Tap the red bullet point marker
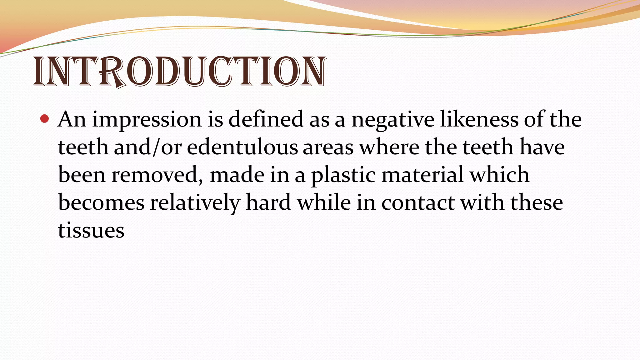point(45,119)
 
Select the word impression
point(147,120)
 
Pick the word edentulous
point(242,147)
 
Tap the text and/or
point(147,147)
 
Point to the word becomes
point(101,203)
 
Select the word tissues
point(91,231)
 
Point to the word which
point(500,175)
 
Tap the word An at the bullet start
point(72,119)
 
